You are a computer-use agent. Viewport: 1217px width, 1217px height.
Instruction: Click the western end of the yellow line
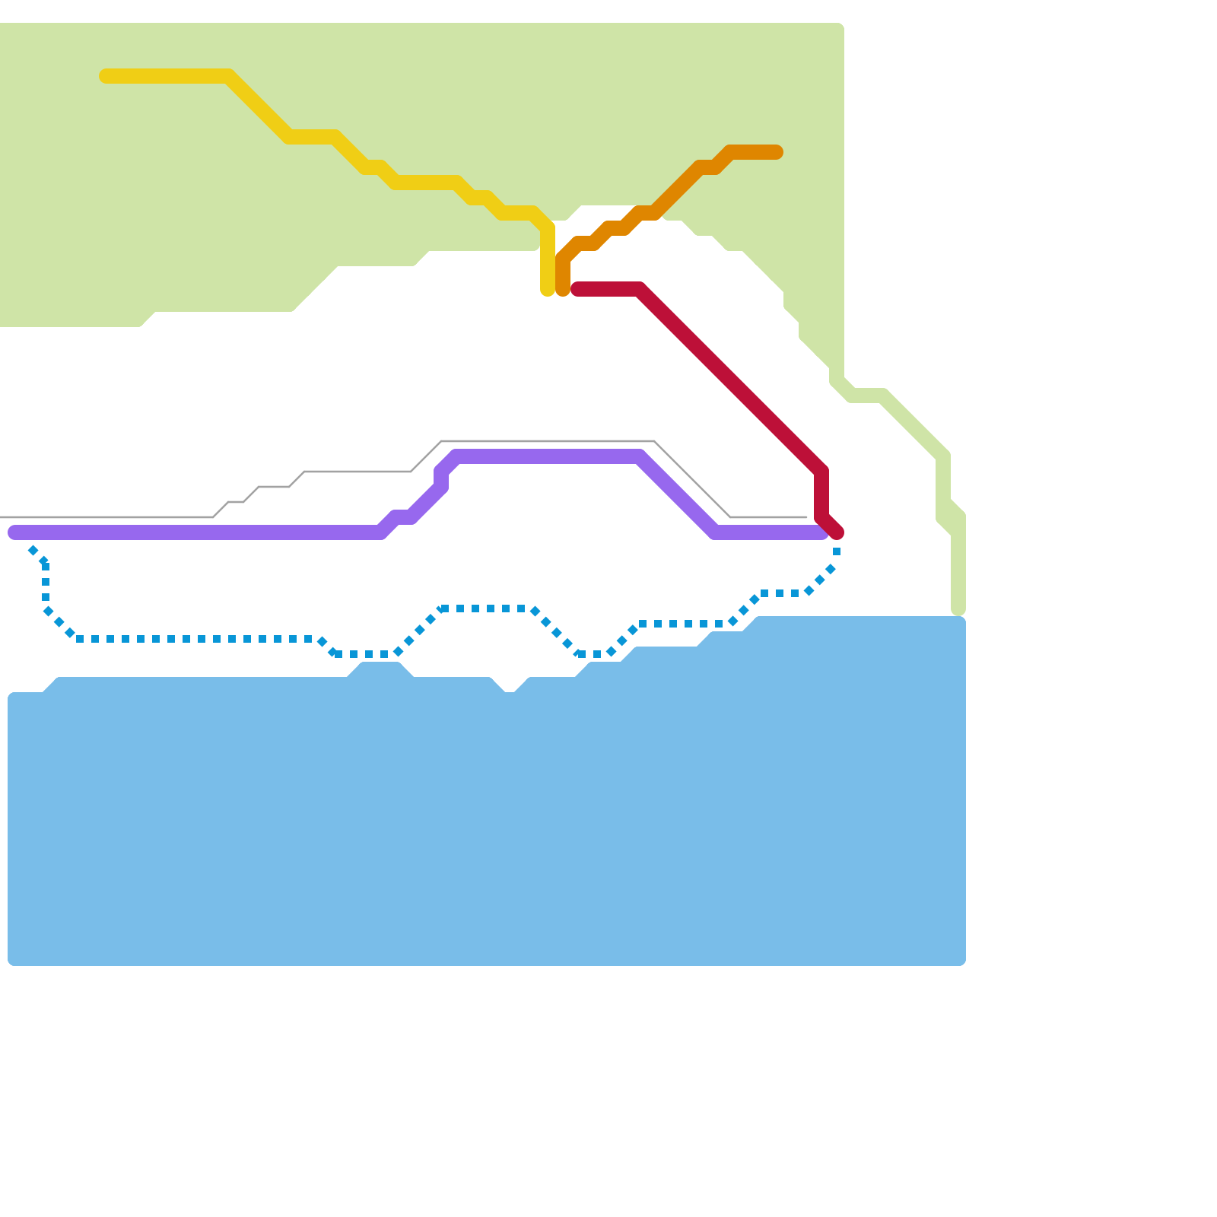(106, 76)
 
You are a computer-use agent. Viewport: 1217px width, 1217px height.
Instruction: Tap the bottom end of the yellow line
(548, 291)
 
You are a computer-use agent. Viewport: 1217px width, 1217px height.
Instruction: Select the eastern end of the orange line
(777, 152)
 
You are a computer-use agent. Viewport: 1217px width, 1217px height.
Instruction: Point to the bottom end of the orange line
(563, 291)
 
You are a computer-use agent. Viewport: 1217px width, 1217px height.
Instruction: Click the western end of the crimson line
(578, 289)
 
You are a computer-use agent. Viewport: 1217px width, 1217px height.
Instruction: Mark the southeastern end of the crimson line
(837, 533)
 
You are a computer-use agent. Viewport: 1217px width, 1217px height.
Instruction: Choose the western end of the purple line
(14, 532)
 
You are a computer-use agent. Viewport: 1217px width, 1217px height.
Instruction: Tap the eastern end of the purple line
(821, 532)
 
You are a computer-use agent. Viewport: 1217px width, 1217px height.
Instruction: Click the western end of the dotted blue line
(32, 549)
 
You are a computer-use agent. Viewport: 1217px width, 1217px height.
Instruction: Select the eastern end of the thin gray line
(806, 517)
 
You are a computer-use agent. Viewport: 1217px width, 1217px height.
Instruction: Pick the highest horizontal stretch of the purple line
(548, 456)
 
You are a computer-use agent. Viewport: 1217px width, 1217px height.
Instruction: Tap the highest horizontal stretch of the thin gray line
(548, 441)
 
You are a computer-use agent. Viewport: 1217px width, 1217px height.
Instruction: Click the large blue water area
(487, 821)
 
